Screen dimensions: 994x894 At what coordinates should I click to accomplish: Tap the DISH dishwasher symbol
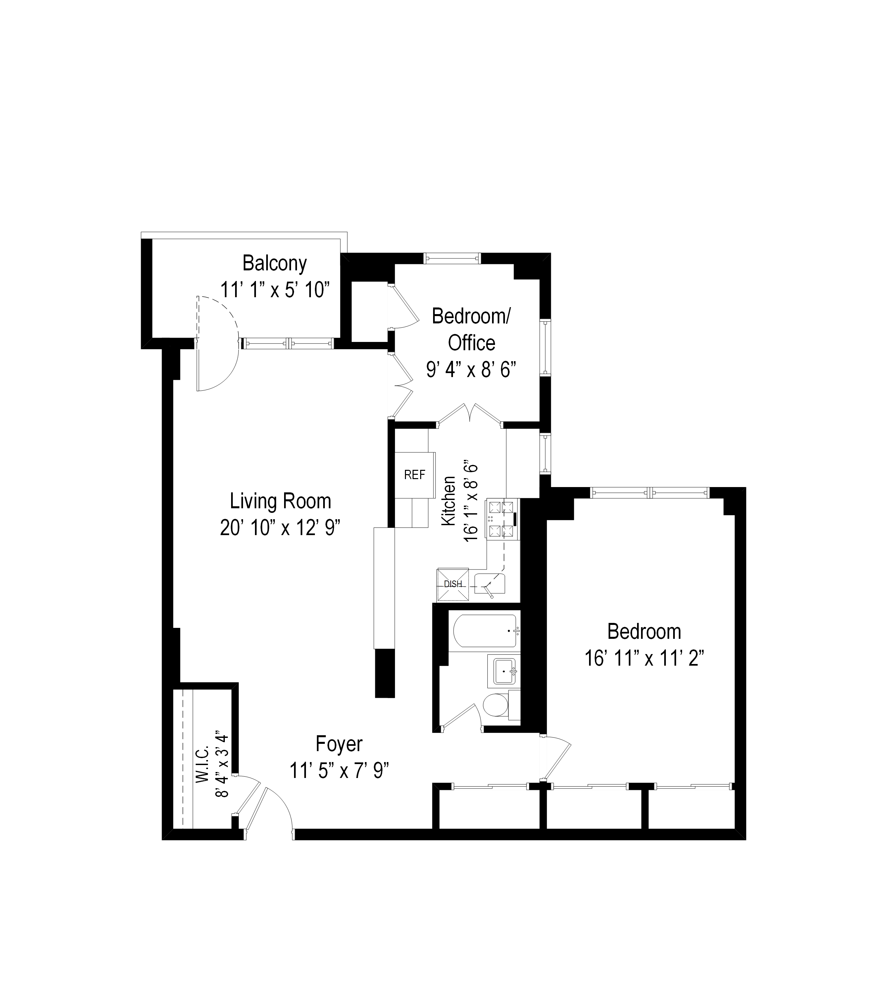(453, 584)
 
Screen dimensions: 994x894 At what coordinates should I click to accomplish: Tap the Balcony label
(274, 263)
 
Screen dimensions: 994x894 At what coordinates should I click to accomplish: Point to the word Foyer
(339, 744)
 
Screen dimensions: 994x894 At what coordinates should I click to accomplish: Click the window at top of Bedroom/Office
(452, 258)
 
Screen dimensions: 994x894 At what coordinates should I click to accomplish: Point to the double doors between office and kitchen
(470, 413)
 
